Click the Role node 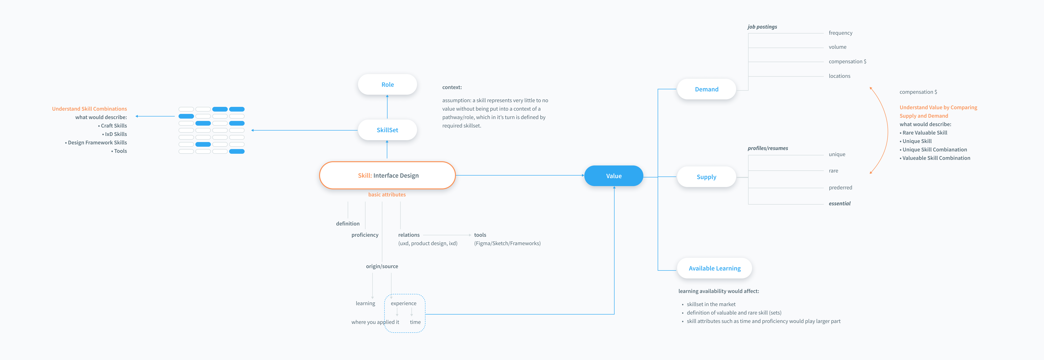[x=388, y=84]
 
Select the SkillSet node [x=388, y=130]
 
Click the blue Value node [x=614, y=176]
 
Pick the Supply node [x=706, y=177]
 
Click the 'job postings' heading [x=762, y=27]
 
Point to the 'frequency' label [x=841, y=33]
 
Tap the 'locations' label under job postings [x=839, y=76]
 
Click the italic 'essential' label [x=839, y=203]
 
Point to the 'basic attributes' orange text [x=387, y=195]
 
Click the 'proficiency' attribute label [x=365, y=235]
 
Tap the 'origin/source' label [x=382, y=266]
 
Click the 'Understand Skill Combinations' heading [x=89, y=109]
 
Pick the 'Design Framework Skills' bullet [x=96, y=143]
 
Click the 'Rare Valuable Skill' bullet [x=924, y=133]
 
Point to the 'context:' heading [x=452, y=87]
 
